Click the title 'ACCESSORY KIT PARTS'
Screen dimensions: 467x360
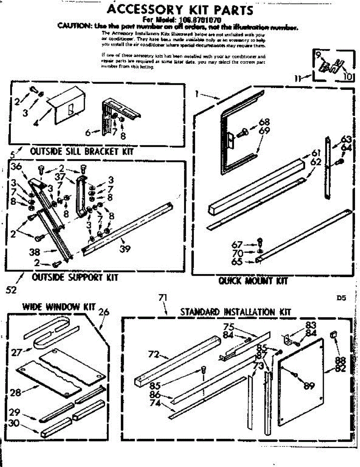(x=180, y=9)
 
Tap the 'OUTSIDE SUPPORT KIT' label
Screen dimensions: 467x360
(x=75, y=277)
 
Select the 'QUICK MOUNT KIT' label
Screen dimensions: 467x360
(x=253, y=281)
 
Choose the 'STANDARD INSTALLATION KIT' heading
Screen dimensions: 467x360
(x=235, y=312)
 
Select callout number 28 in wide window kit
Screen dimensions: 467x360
(x=16, y=392)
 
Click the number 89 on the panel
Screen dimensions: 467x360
(x=309, y=386)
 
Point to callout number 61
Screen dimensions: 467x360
(x=315, y=153)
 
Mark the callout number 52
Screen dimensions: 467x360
(x=11, y=290)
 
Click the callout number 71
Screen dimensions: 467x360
(x=163, y=298)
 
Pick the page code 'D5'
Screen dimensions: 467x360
(x=341, y=299)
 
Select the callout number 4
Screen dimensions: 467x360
(x=36, y=124)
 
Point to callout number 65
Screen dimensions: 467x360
(x=237, y=262)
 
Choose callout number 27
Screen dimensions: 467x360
(x=16, y=353)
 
